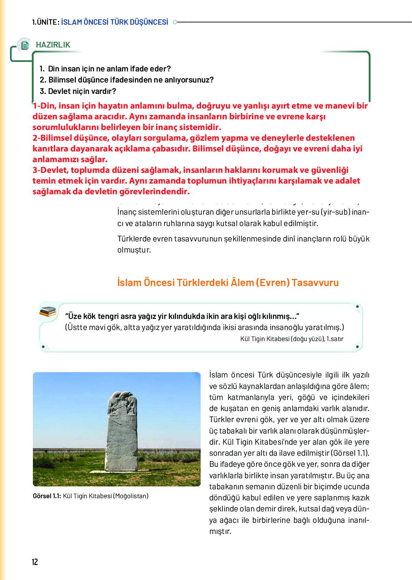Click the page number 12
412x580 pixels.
tap(35, 562)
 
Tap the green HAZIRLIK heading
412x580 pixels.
tap(53, 45)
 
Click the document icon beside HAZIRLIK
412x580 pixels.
tap(24, 45)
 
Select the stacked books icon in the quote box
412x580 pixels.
tap(48, 312)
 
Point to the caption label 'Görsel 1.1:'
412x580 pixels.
tap(47, 496)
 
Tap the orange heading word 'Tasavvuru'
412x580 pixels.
tap(315, 282)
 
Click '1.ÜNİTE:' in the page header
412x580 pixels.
tap(45, 22)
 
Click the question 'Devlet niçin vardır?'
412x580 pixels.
tap(82, 91)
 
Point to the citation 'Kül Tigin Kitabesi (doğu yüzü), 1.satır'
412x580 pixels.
tap(292, 339)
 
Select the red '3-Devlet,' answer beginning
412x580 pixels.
tap(51, 170)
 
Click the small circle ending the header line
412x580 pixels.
tap(175, 22)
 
